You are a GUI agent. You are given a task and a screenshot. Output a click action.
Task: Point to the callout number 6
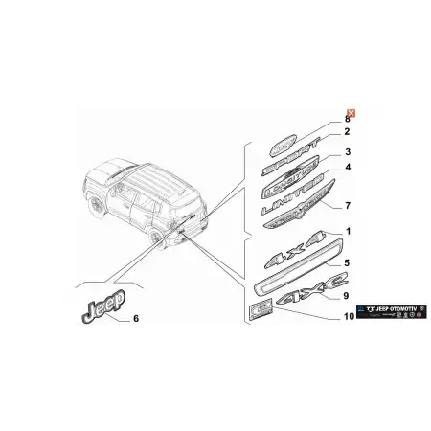(x=135, y=318)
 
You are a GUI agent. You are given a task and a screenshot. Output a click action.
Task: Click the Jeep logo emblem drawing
(x=98, y=309)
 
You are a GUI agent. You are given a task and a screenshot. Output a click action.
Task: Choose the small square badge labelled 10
(x=260, y=306)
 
